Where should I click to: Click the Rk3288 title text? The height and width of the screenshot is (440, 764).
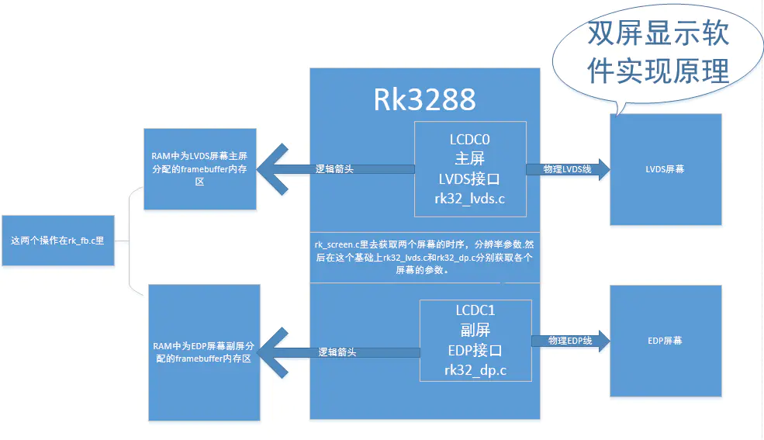click(x=424, y=99)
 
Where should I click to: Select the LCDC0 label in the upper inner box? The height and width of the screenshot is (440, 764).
click(x=470, y=140)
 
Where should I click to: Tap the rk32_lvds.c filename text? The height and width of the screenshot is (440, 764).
click(x=470, y=199)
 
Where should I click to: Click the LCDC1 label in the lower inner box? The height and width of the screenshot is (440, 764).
click(x=475, y=310)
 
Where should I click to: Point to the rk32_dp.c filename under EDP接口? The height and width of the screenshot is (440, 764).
click(x=475, y=370)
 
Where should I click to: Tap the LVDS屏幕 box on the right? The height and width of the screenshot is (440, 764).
click(x=665, y=169)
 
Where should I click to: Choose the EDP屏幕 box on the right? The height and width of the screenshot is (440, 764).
click(x=665, y=341)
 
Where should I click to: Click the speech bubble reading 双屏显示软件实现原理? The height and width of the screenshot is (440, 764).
click(x=659, y=52)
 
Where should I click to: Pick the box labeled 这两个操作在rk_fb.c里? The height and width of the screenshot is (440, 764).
click(x=57, y=241)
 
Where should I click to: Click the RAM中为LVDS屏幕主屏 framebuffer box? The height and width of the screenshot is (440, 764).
click(x=199, y=168)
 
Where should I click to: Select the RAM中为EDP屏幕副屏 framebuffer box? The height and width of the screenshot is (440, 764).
click(x=203, y=352)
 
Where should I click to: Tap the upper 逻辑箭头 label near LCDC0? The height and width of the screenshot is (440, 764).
click(x=334, y=168)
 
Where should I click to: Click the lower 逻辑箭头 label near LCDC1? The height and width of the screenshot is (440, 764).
click(x=337, y=352)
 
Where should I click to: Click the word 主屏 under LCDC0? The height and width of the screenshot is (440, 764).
click(x=470, y=160)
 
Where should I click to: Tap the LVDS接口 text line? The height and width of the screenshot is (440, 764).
click(x=470, y=179)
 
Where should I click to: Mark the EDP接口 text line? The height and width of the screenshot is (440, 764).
click(x=475, y=350)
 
